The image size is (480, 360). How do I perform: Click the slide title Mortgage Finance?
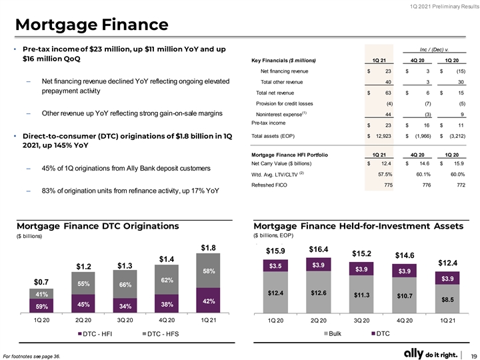92,25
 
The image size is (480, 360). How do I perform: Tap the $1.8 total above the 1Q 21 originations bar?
208,247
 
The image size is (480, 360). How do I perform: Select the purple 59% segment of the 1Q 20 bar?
41,306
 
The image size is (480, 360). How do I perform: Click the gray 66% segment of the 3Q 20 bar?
125,284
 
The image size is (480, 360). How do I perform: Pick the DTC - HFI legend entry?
95,334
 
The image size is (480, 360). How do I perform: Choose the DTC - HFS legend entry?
161,334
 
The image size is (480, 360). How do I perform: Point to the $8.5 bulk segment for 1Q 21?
447,299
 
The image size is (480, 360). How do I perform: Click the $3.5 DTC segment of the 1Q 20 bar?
275,266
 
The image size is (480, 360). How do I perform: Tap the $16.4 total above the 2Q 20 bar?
319,249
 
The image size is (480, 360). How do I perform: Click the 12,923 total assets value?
383,136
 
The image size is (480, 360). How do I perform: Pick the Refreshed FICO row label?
269,185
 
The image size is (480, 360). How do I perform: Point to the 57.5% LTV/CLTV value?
385,174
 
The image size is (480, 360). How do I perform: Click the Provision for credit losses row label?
285,103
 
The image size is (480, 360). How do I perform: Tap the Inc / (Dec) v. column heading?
434,49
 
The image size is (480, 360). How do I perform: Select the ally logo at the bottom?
413,353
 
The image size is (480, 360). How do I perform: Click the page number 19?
474,355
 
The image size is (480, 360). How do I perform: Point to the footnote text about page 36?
31,356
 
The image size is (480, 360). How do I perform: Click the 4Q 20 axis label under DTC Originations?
167,321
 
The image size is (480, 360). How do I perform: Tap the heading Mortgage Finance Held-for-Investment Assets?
359,226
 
